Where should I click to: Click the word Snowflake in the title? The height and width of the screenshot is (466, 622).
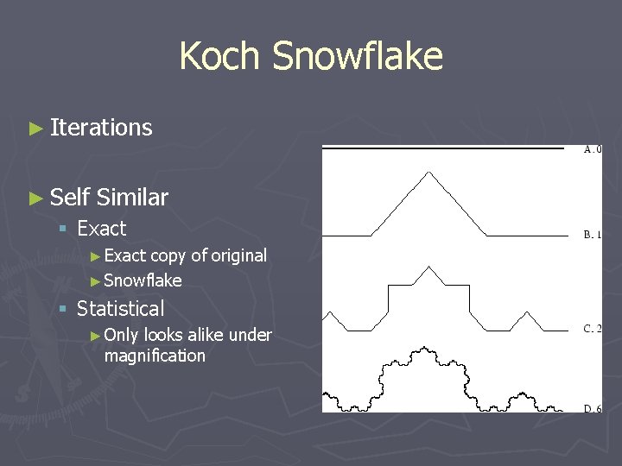357,57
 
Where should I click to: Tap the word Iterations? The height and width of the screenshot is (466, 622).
101,128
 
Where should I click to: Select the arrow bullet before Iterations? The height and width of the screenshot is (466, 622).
35,129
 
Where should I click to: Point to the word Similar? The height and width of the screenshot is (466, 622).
132,198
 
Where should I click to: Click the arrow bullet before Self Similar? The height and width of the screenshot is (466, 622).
35,198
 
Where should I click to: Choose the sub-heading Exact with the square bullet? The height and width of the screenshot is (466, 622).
101,229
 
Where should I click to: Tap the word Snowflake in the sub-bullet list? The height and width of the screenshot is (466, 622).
143,280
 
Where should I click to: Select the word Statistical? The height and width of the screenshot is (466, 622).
120,309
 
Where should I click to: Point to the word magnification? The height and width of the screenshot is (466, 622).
155,356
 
